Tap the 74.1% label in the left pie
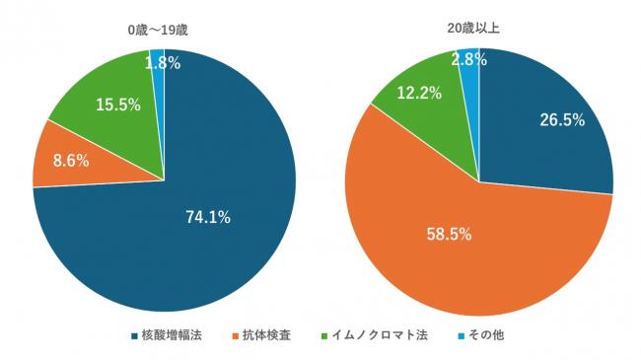(208, 217)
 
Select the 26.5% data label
(562, 120)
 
